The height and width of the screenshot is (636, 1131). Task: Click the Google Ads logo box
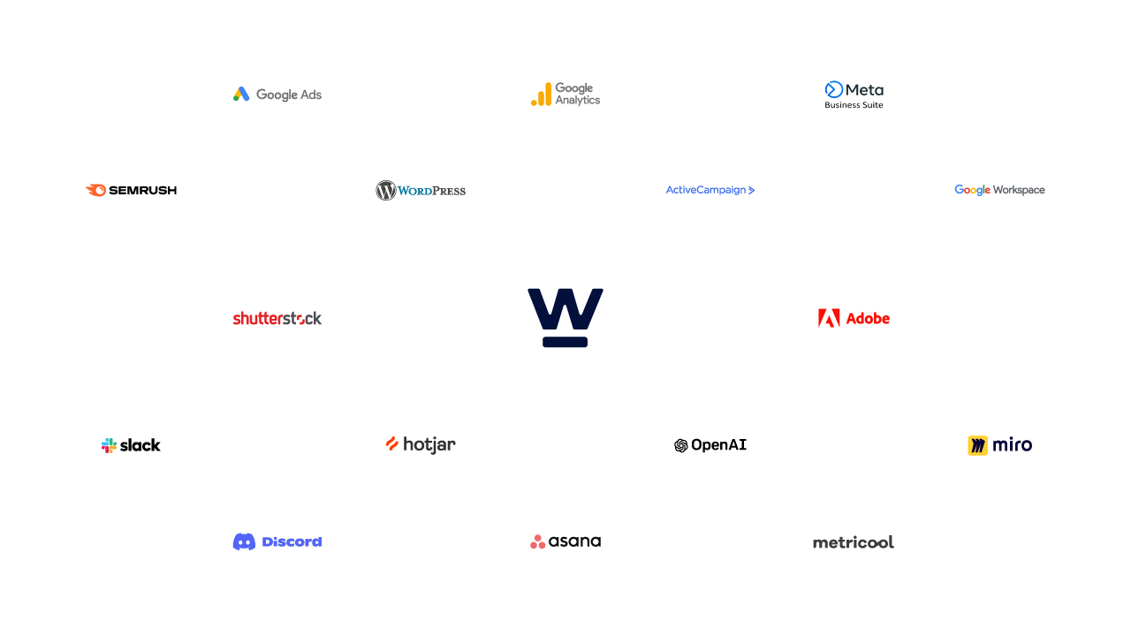coord(277,94)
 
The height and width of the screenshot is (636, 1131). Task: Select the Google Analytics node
coord(565,94)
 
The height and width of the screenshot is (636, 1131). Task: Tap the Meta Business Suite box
coord(854,94)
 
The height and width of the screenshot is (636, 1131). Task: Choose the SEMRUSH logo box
coord(131,190)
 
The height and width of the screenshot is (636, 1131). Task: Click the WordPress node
coord(421,190)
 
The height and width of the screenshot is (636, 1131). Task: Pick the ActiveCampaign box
coord(710,190)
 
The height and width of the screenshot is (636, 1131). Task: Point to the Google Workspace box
coord(999,190)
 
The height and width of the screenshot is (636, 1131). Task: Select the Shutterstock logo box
coord(277,318)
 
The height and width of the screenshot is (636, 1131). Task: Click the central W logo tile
coord(565,318)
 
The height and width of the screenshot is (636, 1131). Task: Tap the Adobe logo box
coord(854,318)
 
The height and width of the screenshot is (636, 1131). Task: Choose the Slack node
coord(131,445)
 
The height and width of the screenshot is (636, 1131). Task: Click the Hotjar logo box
coord(421,445)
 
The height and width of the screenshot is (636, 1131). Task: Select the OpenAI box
coord(710,445)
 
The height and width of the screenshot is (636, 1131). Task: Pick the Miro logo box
coord(999,445)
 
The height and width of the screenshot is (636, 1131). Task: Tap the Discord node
coord(277,541)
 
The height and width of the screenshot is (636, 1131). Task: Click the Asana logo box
coord(565,541)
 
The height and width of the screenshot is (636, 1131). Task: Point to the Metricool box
coord(854,541)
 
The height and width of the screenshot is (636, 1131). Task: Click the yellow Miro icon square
coord(977,445)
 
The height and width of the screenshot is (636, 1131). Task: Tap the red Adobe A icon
coord(829,318)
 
